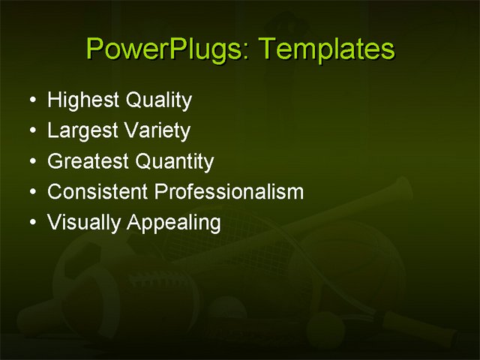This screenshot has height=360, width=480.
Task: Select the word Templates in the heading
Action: (x=325, y=49)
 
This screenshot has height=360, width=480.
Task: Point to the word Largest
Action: (x=81, y=131)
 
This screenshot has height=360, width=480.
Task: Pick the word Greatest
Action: (x=88, y=161)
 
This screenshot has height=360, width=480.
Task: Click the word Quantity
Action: (x=175, y=162)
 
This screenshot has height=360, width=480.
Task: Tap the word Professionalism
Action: (x=229, y=192)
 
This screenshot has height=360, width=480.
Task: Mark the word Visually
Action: (x=84, y=223)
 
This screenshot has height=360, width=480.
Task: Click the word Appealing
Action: (x=174, y=223)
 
